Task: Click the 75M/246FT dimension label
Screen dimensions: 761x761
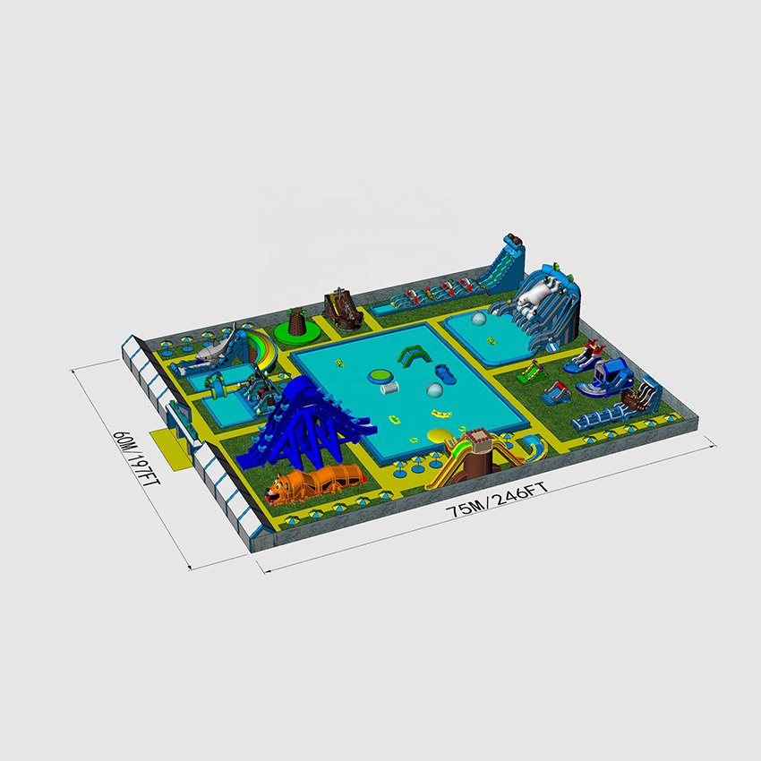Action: pos(498,498)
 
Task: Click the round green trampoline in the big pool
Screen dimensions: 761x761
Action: pos(381,376)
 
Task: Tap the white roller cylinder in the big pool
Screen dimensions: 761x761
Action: pos(389,388)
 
